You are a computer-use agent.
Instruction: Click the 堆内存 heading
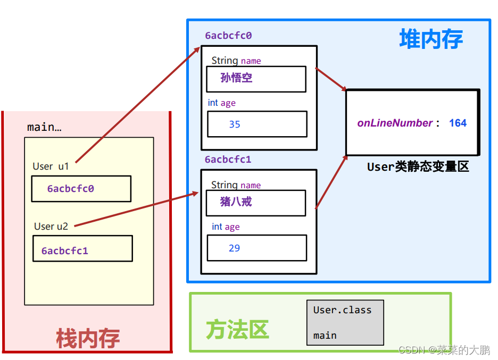(431, 39)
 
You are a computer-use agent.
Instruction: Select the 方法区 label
(237, 330)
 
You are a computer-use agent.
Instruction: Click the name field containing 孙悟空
(256, 79)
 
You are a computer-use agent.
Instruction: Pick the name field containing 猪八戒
(256, 203)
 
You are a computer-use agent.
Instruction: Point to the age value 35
(235, 124)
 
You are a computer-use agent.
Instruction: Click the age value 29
(234, 248)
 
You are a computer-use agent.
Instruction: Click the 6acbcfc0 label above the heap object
(228, 36)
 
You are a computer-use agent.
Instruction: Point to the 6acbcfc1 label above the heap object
(228, 160)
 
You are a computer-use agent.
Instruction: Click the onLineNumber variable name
(395, 123)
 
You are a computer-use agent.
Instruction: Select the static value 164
(458, 123)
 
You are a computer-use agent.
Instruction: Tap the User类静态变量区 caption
(418, 167)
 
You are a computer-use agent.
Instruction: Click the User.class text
(342, 310)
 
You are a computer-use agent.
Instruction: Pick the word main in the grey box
(325, 336)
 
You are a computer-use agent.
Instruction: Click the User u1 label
(51, 166)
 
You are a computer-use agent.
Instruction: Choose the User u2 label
(51, 227)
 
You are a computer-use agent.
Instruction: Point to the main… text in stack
(44, 128)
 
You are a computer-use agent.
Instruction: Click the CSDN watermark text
(444, 350)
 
